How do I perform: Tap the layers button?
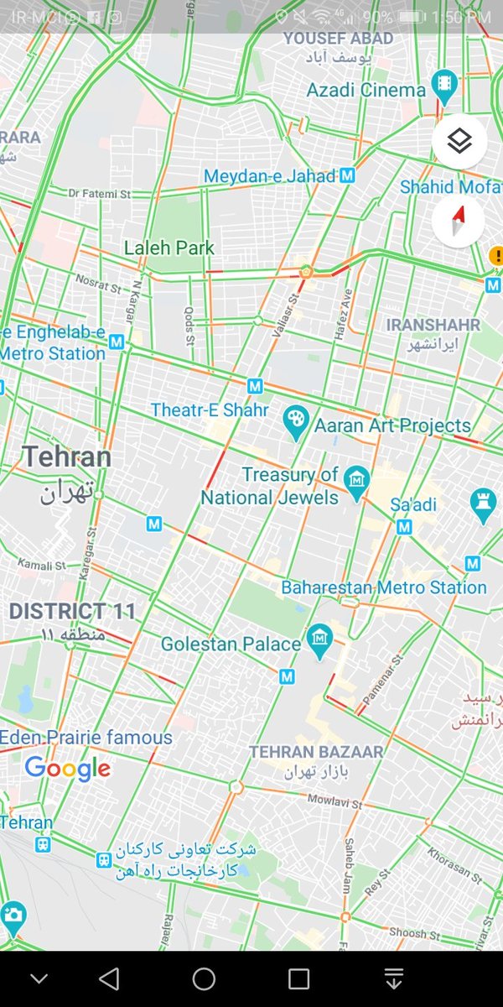(x=459, y=142)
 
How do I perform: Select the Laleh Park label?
(x=169, y=248)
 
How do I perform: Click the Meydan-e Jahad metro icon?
(x=348, y=176)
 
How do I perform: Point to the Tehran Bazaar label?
(x=316, y=752)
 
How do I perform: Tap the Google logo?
(x=67, y=768)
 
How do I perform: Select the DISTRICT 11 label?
(x=72, y=611)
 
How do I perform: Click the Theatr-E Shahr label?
(x=210, y=410)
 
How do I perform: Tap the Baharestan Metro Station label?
(x=384, y=587)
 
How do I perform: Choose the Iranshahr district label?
(x=433, y=325)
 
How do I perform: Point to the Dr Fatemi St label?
(x=100, y=194)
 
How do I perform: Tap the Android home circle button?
(x=204, y=978)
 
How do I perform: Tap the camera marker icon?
(x=13, y=916)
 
